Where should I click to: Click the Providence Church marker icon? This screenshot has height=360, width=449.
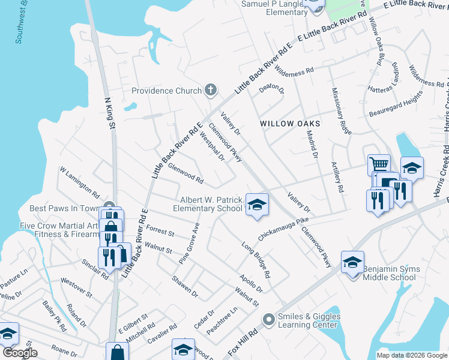pos(210,91)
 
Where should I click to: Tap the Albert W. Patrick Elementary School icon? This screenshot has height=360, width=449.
pos(256,205)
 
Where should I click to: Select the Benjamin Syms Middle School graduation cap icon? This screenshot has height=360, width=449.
pos(353,262)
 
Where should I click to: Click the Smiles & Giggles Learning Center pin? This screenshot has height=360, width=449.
pos(268,320)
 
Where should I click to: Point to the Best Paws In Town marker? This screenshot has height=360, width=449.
pos(109,207)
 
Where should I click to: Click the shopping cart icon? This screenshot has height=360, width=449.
pos(379,164)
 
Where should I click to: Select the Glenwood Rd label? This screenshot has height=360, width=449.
pos(185,174)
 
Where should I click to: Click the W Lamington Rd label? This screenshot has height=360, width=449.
pos(79,183)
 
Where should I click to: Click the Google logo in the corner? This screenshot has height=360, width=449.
pos(20,353)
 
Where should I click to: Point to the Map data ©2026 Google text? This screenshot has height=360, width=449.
pos(412,355)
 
